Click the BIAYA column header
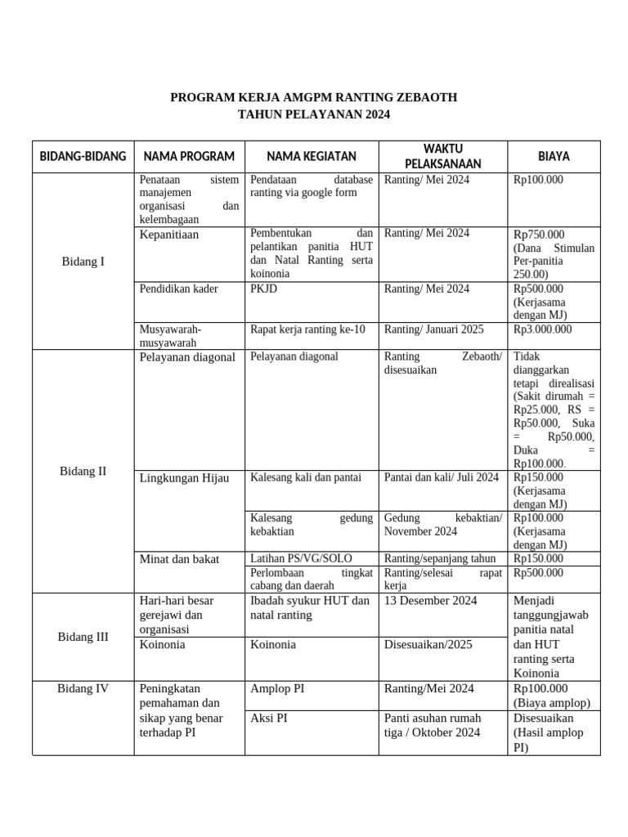click(x=554, y=156)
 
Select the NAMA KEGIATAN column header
click(x=311, y=156)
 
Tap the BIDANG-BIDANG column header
click(x=83, y=156)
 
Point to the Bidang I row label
click(x=83, y=262)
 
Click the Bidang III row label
click(x=83, y=637)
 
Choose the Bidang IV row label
click(x=83, y=688)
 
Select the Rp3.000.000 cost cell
click(x=542, y=329)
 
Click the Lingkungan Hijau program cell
click(x=185, y=477)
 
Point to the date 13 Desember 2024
click(x=430, y=601)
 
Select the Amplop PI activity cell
click(x=277, y=688)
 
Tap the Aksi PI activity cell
click(x=268, y=718)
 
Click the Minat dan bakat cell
click(x=180, y=559)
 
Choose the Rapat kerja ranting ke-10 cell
click(x=308, y=329)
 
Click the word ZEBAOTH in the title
click(x=419, y=97)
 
